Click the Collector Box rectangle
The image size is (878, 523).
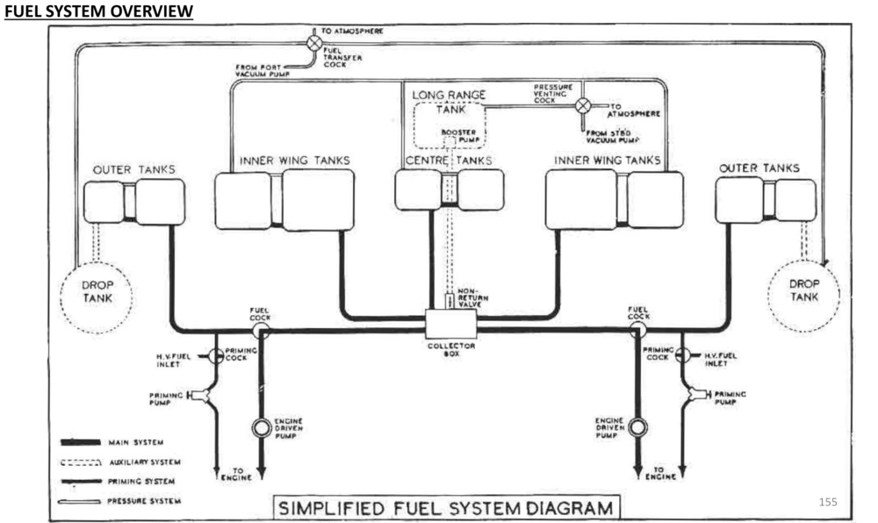451,325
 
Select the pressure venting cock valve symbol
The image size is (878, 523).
582,106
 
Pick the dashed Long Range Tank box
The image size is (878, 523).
450,124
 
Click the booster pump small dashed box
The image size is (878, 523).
450,142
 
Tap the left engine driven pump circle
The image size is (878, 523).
262,428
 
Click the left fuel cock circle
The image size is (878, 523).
261,331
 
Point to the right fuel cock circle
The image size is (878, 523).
638,331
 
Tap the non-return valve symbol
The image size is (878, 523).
450,301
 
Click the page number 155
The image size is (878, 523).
826,501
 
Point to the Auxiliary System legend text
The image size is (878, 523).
144,462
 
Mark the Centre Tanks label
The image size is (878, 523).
449,161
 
